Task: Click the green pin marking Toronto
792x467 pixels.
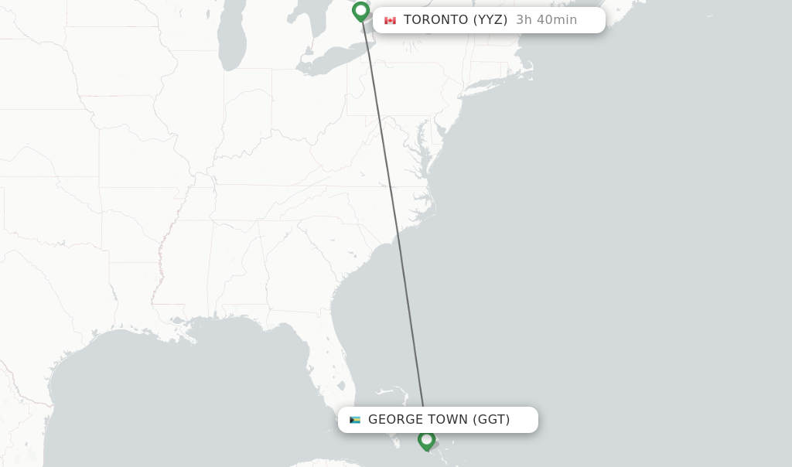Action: tap(360, 11)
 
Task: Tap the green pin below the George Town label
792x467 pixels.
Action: tap(426, 440)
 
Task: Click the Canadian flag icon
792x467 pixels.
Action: tap(390, 20)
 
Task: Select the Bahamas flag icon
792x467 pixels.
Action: tap(355, 420)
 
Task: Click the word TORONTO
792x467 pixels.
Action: tap(435, 20)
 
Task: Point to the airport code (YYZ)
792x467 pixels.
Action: tap(490, 20)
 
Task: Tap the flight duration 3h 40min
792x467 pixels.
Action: tap(546, 20)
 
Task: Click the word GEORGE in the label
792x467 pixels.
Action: tap(394, 420)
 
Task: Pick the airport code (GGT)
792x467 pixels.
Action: tap(491, 420)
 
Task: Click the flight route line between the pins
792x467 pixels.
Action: tap(392, 216)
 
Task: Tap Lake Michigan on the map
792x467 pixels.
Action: tap(230, 39)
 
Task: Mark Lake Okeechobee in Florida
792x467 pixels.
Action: tap(341, 385)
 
